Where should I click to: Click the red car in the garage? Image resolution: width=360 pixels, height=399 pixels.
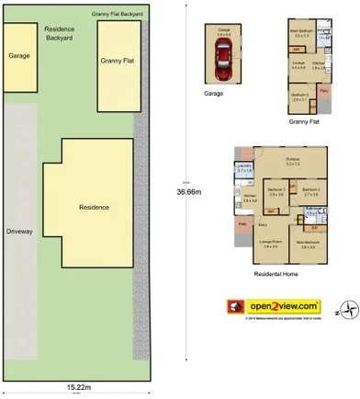pos(222,67)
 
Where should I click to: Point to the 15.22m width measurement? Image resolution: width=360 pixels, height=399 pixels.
pos(78,386)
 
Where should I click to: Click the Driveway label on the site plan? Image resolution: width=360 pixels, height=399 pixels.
pos(18,232)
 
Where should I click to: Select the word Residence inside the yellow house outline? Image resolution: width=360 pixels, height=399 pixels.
pos(94,207)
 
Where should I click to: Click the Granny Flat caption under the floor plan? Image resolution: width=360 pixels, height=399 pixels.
pos(303,120)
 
